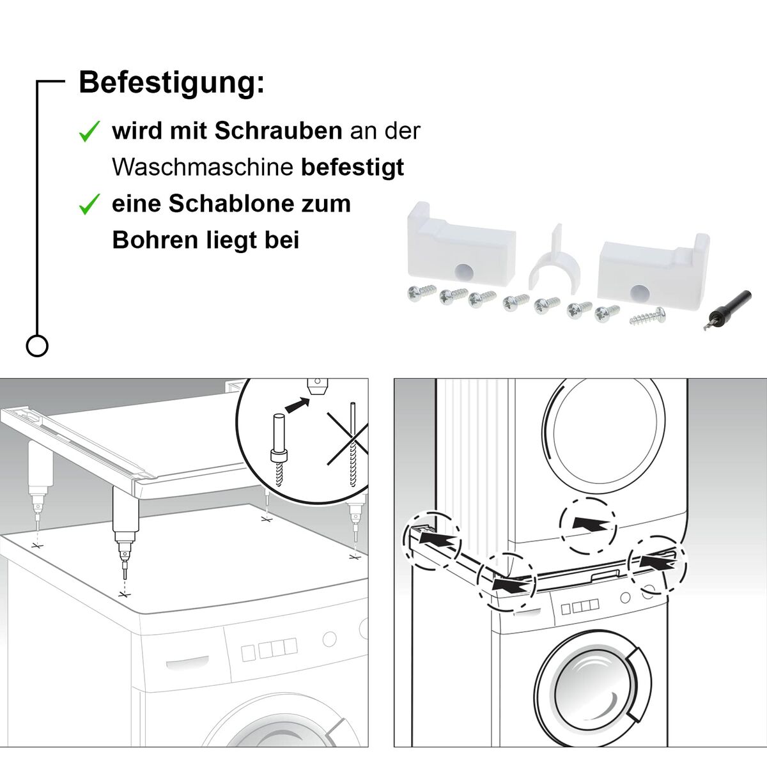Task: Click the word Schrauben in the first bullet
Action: click(x=278, y=131)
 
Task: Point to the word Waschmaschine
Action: click(x=203, y=167)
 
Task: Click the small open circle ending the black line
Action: click(x=37, y=346)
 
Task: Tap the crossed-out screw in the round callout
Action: click(x=351, y=447)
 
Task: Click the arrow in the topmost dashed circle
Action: click(x=589, y=523)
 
